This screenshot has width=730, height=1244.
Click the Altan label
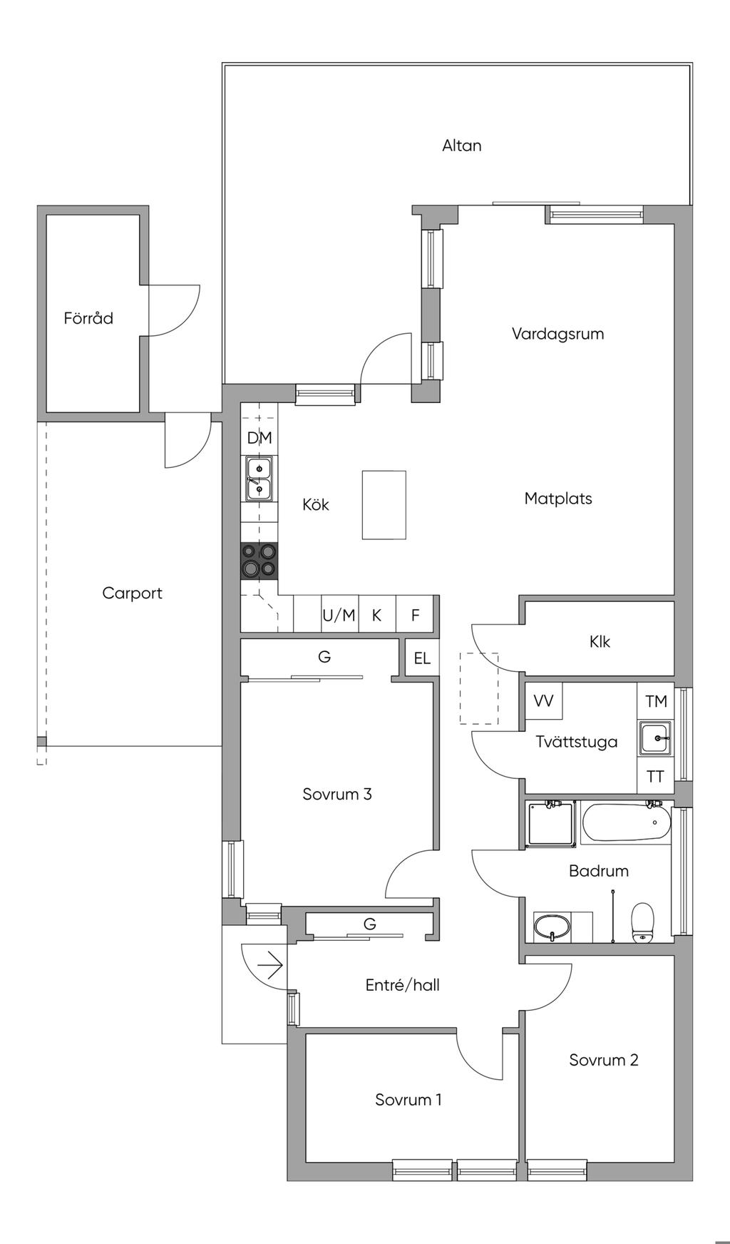(461, 146)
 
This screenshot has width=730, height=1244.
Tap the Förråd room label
(88, 318)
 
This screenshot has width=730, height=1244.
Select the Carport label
(132, 593)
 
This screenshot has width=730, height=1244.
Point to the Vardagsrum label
(557, 334)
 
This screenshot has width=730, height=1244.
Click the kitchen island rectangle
(384, 505)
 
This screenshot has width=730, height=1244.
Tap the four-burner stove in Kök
(259, 561)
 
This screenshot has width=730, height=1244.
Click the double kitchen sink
(259, 479)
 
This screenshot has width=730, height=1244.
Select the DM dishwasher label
(259, 438)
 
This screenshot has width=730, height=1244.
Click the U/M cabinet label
(339, 615)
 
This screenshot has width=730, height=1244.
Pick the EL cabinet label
(422, 658)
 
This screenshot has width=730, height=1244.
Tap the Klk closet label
(600, 642)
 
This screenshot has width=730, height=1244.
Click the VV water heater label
(543, 701)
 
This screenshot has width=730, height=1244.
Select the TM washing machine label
(656, 701)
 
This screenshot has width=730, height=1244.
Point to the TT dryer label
(655, 777)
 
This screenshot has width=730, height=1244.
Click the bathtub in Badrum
(627, 823)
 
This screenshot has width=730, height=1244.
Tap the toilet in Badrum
(642, 922)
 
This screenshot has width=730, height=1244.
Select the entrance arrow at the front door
(270, 967)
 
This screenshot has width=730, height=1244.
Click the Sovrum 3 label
(337, 795)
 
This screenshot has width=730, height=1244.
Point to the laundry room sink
(655, 738)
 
